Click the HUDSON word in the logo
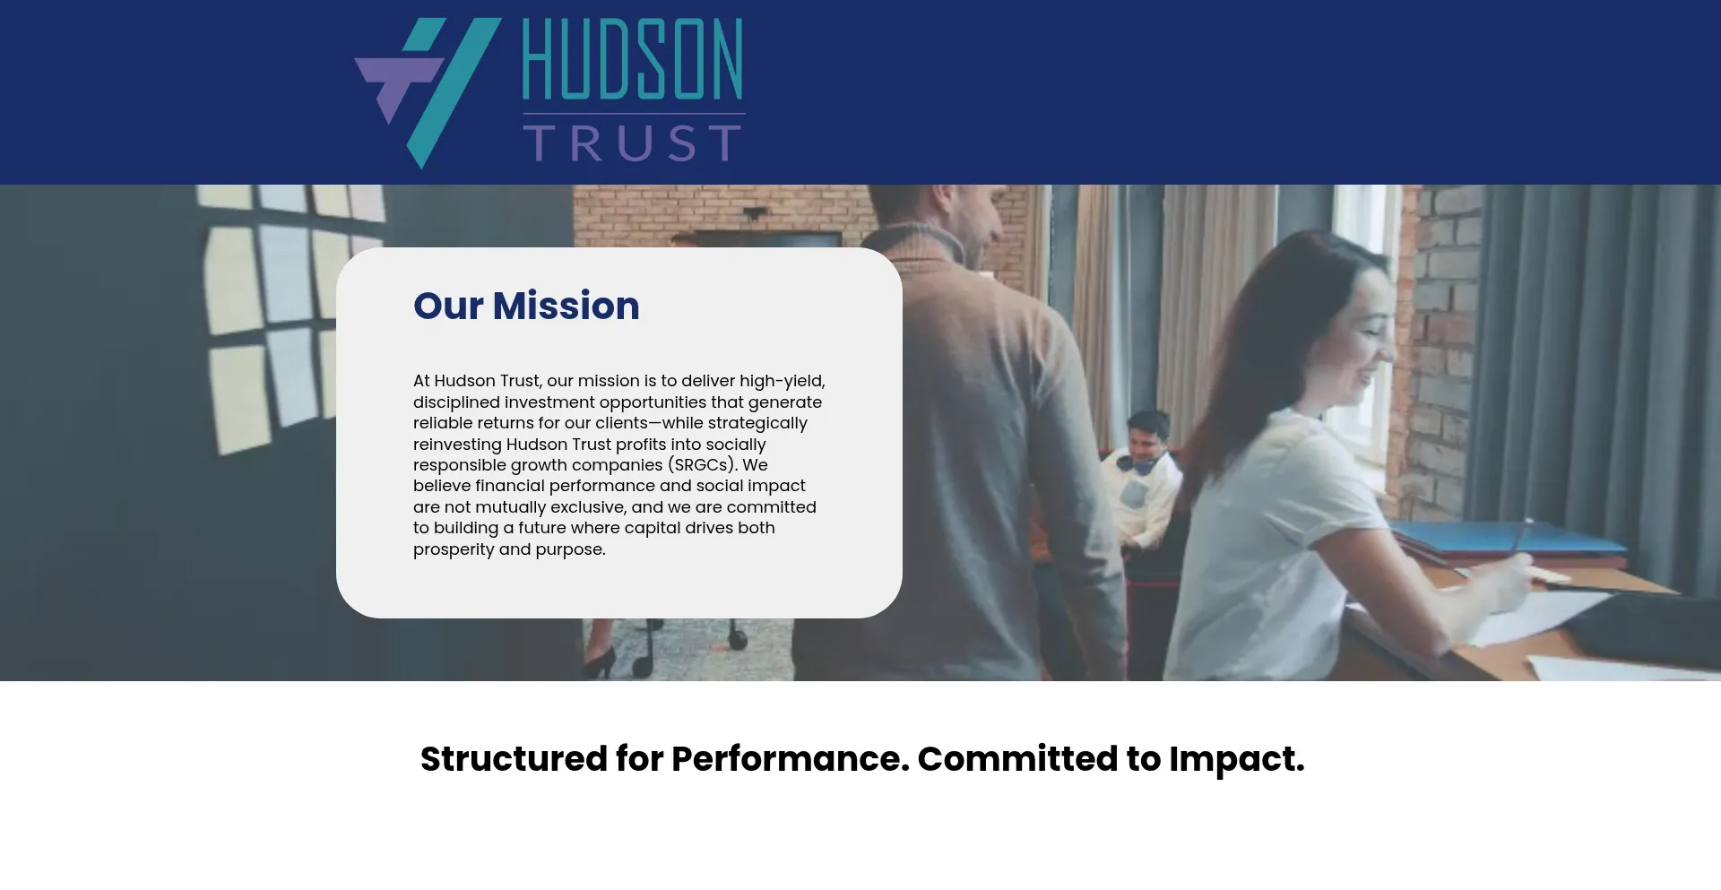[x=633, y=58]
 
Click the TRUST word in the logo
[x=633, y=143]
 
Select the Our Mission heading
[x=526, y=306]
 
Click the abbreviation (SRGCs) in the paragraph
[x=703, y=465]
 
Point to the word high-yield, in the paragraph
[x=783, y=381]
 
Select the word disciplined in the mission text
[x=456, y=402]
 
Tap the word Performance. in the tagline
[x=790, y=759]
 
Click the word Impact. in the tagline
[x=1237, y=759]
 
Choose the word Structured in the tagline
[x=515, y=759]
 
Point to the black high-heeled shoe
[x=599, y=661]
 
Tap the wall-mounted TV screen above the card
[x=766, y=238]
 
